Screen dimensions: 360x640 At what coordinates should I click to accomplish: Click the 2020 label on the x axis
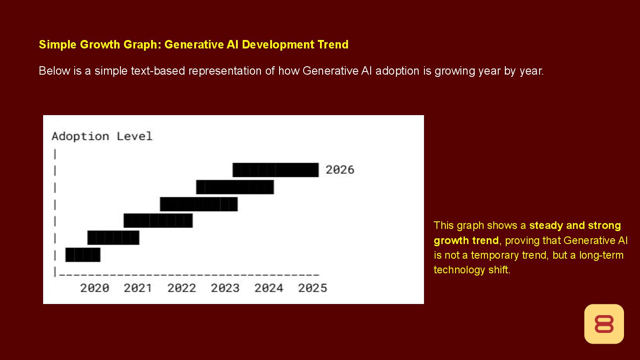[95, 288]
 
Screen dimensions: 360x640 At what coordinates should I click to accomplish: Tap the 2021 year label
[138, 288]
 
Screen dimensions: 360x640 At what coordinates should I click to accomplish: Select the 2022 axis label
[181, 288]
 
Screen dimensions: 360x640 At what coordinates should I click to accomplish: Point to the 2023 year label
[225, 288]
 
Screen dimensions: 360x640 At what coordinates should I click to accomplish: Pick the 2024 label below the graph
[268, 288]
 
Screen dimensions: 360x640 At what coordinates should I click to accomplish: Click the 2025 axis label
[312, 288]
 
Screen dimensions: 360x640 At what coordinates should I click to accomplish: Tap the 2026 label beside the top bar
[340, 170]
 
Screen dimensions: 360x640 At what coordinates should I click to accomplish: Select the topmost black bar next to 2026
[276, 170]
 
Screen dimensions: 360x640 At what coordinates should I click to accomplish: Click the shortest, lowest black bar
[83, 255]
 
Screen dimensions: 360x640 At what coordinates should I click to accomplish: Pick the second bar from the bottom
[113, 238]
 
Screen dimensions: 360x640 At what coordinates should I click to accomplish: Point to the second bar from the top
[235, 187]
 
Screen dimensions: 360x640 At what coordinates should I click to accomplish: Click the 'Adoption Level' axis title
[102, 136]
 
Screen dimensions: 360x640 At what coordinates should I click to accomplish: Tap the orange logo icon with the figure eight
[604, 324]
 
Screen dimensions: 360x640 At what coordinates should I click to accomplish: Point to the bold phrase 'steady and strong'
[575, 225]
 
